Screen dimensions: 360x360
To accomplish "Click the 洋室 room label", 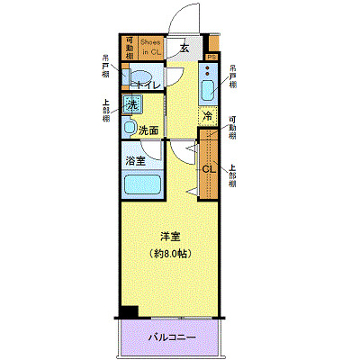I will [170, 236].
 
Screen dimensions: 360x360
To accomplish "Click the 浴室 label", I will [136, 162].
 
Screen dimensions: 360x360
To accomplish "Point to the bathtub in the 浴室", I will [140, 186].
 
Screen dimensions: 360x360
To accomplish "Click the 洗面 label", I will [148, 130].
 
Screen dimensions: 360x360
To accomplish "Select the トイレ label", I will [148, 85].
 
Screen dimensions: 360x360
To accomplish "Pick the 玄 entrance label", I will [184, 49].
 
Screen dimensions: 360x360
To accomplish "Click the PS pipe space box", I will [211, 58].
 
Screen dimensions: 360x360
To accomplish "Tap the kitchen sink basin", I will [206, 90].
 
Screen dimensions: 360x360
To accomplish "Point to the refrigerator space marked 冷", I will [207, 117].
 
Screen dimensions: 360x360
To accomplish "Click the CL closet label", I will [206, 167].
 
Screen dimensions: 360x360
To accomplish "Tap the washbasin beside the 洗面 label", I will [130, 129].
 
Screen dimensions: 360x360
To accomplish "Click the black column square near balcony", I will [130, 313].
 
